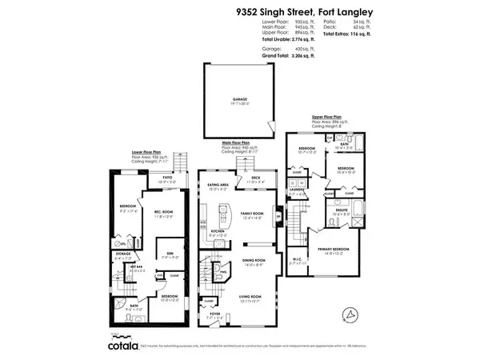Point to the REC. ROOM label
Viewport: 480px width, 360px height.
tap(164, 212)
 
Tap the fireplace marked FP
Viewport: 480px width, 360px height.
tap(278, 214)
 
